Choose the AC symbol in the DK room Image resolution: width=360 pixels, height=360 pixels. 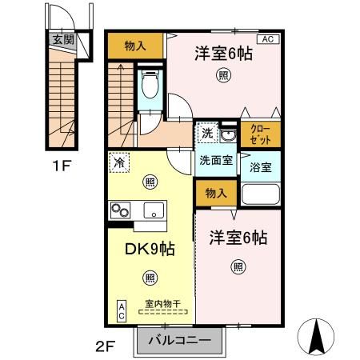tap(122, 310)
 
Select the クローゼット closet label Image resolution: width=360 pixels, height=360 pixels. tap(260, 134)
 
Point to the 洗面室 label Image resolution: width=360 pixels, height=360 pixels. tap(216, 160)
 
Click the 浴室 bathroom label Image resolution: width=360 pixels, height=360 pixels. tap(260, 168)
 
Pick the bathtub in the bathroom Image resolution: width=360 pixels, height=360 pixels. tap(260, 195)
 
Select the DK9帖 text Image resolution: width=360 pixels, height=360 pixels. tap(149, 249)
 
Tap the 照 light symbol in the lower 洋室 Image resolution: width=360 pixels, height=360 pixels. tap(238, 266)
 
